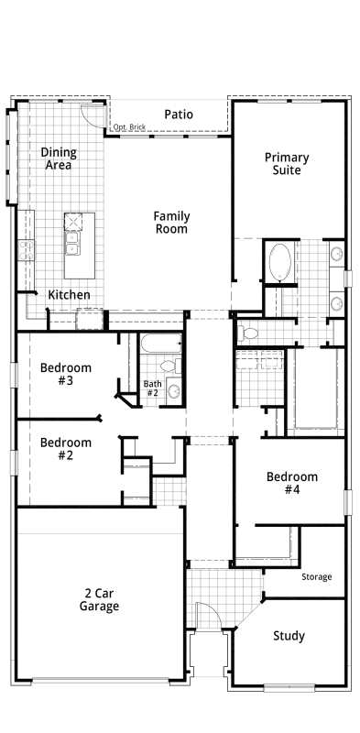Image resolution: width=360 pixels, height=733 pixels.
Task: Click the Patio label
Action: click(179, 115)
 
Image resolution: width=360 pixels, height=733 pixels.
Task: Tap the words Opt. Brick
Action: click(129, 126)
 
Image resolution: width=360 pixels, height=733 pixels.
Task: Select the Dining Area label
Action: click(59, 159)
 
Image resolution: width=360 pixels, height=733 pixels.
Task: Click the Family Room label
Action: click(171, 223)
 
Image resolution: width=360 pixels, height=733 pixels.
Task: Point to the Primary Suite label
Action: click(287, 164)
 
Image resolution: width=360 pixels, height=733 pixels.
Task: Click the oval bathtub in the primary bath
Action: click(280, 262)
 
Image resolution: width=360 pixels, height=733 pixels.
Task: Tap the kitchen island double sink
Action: click(72, 243)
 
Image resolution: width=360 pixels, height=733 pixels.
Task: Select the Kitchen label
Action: click(70, 295)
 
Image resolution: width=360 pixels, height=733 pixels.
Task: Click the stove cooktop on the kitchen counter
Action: click(27, 249)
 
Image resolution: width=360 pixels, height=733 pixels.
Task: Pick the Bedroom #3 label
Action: click(65, 374)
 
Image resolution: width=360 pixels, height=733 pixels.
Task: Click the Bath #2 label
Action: click(152, 388)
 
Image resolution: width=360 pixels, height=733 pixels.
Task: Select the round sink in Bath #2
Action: click(174, 391)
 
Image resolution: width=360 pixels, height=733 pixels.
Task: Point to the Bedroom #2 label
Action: click(65, 449)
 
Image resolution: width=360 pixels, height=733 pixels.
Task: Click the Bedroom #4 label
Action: click(291, 484)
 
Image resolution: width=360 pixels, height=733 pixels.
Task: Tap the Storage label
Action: click(317, 577)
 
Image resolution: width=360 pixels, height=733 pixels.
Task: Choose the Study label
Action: click(289, 636)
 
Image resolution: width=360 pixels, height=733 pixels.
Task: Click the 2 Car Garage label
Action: click(99, 600)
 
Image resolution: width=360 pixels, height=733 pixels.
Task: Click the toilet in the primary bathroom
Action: click(248, 334)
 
